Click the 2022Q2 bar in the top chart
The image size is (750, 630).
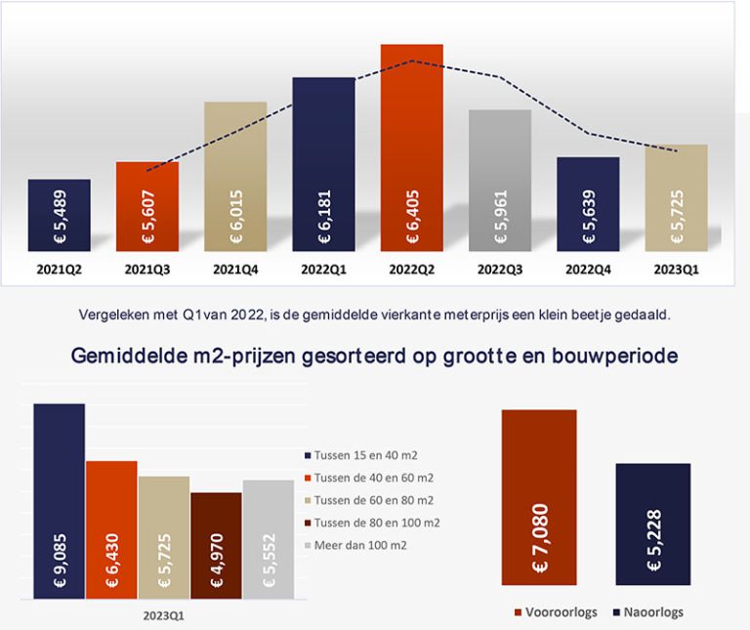click(x=411, y=147)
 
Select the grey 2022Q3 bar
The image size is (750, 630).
click(x=499, y=180)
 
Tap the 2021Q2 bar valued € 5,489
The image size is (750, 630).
click(x=59, y=215)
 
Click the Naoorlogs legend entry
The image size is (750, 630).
click(x=654, y=612)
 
